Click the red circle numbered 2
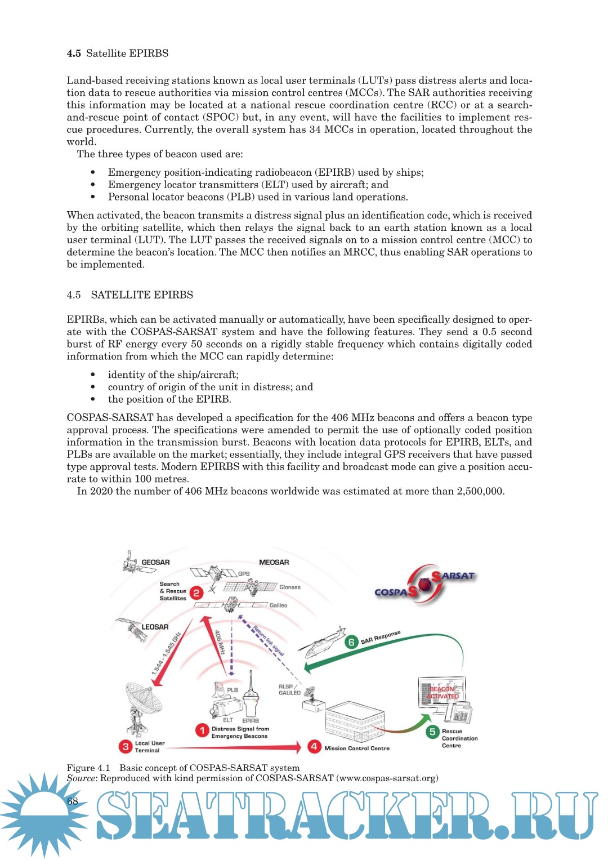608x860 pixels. point(196,592)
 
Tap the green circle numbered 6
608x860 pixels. point(351,642)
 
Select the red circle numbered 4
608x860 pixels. point(314,747)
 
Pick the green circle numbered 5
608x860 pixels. point(432,732)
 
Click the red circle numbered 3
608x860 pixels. point(126,747)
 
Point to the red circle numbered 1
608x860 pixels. point(202,730)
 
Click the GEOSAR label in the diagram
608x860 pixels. point(155,562)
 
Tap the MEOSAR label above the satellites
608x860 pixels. point(274,562)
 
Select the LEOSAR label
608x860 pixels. point(155,627)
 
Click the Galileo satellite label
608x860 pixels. point(278,605)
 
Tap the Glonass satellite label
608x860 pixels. point(290,587)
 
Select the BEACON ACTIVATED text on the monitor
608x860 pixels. point(442,693)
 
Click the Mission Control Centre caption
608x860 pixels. point(357,748)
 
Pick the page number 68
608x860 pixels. point(73,801)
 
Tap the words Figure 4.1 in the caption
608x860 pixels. point(88,768)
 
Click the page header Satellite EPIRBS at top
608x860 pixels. point(127,54)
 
